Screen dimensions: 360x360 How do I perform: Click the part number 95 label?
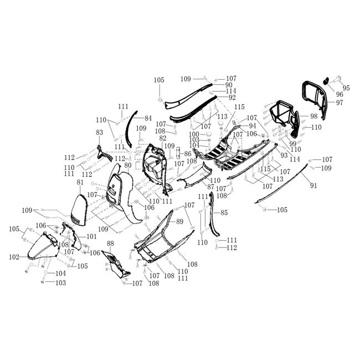(346, 88)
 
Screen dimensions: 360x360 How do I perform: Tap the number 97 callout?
(339, 103)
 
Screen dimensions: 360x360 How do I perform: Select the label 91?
(313, 186)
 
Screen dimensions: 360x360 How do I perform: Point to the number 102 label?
(14, 256)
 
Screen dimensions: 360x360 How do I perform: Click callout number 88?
(110, 244)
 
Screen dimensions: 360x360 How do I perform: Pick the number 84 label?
(147, 119)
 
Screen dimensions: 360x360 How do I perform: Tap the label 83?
(100, 133)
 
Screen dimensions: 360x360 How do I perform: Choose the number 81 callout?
(80, 183)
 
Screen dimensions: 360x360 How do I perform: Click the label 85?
(224, 213)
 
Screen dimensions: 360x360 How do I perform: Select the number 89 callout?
(179, 222)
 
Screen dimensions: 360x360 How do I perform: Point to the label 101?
(91, 236)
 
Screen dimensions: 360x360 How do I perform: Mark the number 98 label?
(313, 116)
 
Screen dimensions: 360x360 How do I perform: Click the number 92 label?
(232, 97)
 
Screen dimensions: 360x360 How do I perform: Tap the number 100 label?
(194, 134)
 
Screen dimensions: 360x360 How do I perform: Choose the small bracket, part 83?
(102, 152)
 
